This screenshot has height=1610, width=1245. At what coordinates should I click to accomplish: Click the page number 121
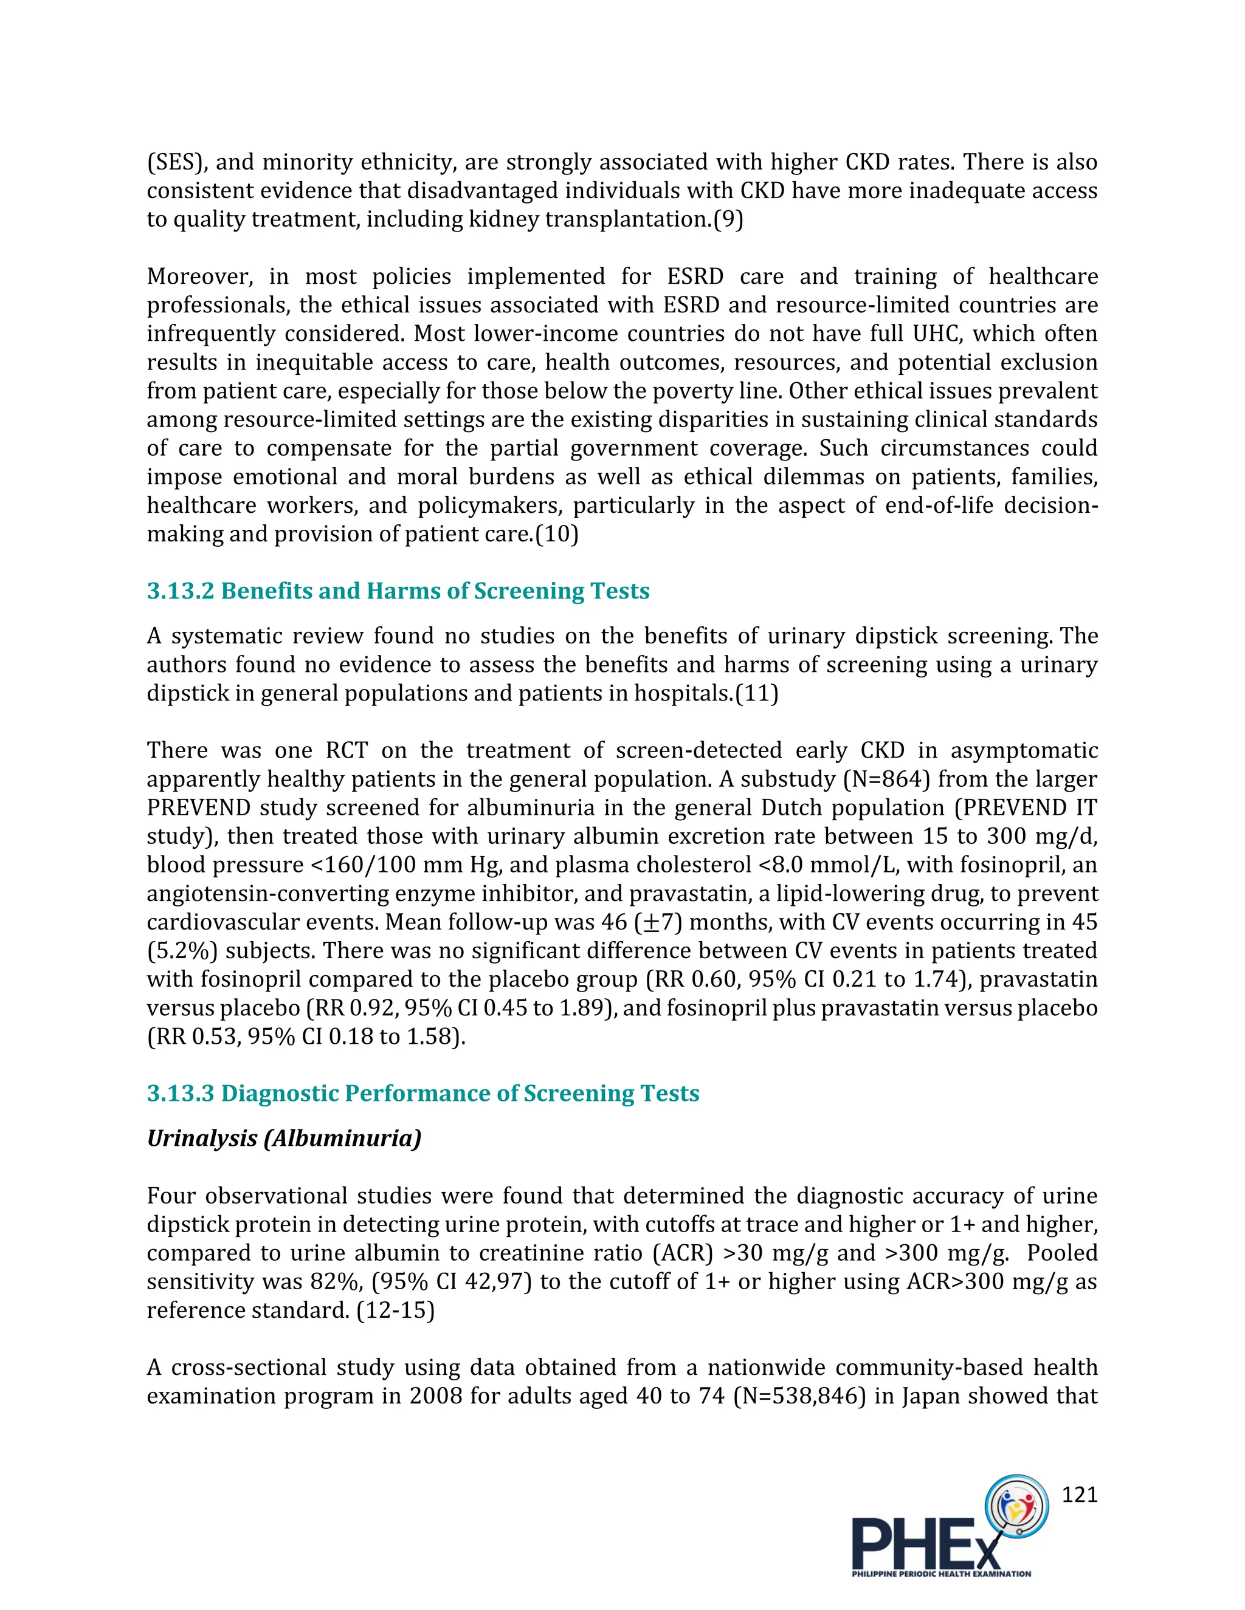pos(1079,1495)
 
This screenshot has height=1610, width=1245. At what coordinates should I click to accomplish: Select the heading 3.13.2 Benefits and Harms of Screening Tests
pos(398,591)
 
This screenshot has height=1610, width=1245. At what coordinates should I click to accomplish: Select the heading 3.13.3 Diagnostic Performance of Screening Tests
pos(422,1093)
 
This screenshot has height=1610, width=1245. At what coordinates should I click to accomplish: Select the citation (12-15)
pos(395,1310)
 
